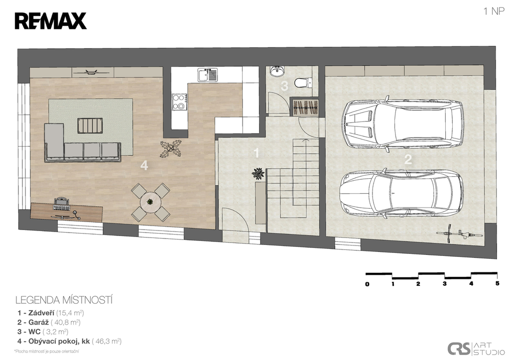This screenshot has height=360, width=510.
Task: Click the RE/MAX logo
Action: (x=50, y=21)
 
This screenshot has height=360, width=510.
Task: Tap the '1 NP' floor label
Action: (x=494, y=11)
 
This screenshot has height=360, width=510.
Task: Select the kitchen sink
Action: (x=208, y=75)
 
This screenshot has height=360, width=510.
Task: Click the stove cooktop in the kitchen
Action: (x=179, y=102)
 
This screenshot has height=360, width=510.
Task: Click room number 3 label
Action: (x=284, y=86)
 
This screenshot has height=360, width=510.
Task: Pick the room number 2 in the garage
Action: (x=408, y=159)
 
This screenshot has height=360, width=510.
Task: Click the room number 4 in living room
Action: (x=144, y=165)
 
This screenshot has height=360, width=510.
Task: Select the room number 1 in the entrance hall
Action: (x=256, y=153)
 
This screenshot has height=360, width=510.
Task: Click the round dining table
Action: (x=150, y=202)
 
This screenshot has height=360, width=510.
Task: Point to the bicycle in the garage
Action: (x=458, y=233)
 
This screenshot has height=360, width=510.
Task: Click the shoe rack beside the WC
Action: (x=305, y=106)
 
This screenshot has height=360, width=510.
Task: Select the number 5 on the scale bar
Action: (x=498, y=284)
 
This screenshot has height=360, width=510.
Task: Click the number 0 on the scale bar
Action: (x=367, y=284)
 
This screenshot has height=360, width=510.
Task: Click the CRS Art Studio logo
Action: (x=476, y=348)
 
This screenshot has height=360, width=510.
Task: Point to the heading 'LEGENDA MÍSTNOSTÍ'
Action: (x=64, y=300)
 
